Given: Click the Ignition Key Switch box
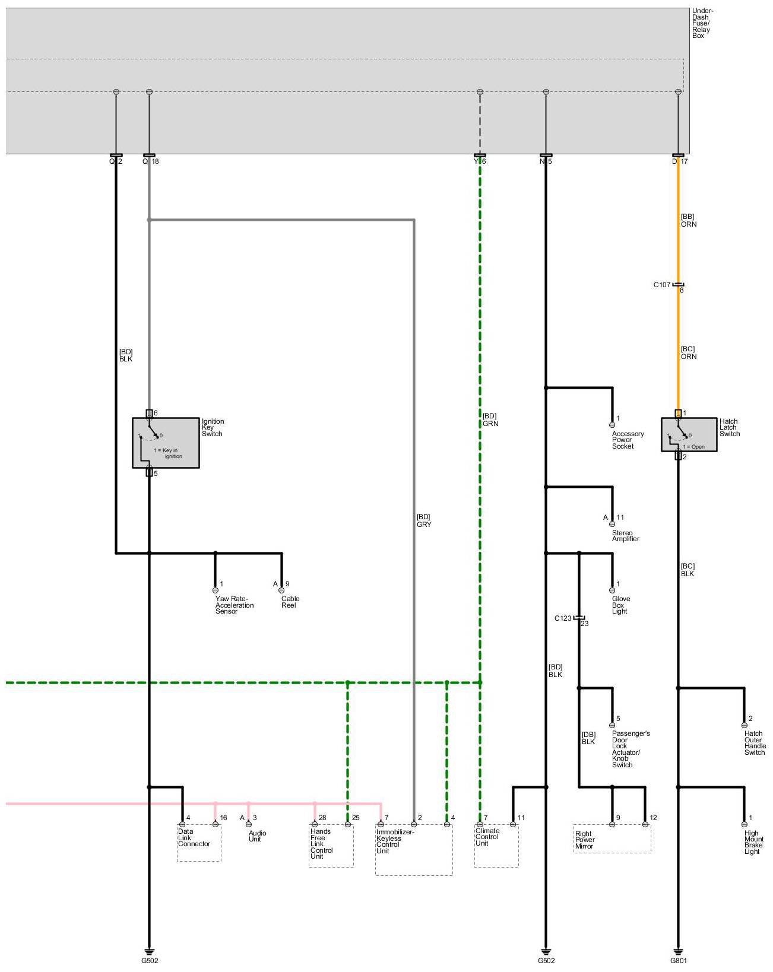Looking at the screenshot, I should coord(166,443).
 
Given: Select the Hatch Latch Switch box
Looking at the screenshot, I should coord(689,435).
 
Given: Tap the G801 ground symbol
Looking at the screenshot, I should coord(678,951).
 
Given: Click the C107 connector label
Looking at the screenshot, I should coord(662,285).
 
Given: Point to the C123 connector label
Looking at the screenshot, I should coord(563,618).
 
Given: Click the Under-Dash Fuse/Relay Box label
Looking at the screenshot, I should coord(702,24).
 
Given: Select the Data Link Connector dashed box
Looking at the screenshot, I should coord(199,842).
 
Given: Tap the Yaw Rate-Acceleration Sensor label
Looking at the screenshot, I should coord(234,605).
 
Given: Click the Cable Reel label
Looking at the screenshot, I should coord(290,602).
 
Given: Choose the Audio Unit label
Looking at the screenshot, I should coord(256,836).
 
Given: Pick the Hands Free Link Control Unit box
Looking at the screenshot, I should coord(331,846).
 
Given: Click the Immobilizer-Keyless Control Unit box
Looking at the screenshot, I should coord(413,850).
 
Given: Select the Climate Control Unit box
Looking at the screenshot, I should coord(496,845).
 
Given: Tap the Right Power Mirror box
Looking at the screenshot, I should coord(612,839).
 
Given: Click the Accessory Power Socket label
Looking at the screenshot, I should coord(628,440).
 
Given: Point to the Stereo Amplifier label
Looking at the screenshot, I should coord(625,536).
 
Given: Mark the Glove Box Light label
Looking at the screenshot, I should coord(620,605).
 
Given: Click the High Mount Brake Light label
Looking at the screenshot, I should coord(753,843).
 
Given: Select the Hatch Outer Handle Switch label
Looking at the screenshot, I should coord(755,743).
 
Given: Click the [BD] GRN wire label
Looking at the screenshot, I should coord(490,420).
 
